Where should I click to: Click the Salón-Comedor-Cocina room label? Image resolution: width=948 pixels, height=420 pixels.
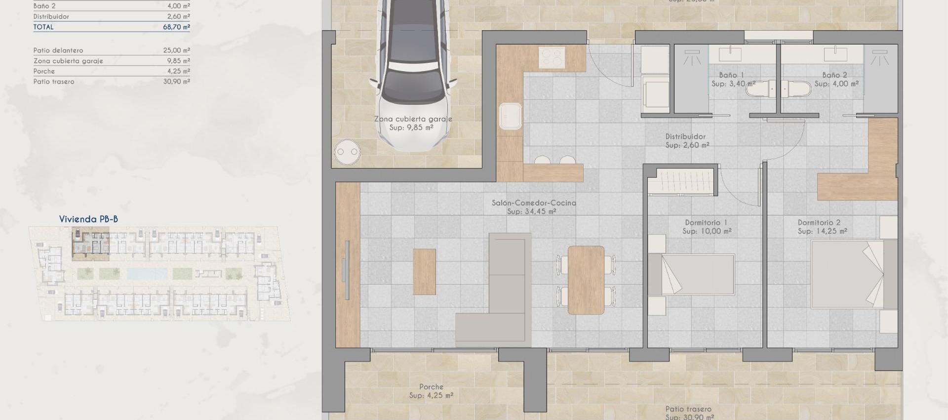point(534,203)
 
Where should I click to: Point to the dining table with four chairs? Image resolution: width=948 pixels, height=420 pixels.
point(586,280)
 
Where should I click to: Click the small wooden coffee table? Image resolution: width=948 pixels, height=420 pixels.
point(424,272)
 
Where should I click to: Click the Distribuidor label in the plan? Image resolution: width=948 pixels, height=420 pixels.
point(685,136)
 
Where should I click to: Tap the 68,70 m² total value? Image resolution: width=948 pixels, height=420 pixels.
point(176,27)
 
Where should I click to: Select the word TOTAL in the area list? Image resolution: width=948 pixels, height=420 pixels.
point(43,27)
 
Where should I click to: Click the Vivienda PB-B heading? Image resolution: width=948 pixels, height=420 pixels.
point(88,219)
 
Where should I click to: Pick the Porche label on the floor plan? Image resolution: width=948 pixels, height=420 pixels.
point(431,387)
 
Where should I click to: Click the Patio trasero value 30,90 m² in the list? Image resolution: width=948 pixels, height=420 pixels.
point(176,82)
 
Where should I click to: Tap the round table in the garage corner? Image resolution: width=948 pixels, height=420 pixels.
point(347,152)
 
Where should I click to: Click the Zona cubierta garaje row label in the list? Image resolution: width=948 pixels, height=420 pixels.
point(68,61)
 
